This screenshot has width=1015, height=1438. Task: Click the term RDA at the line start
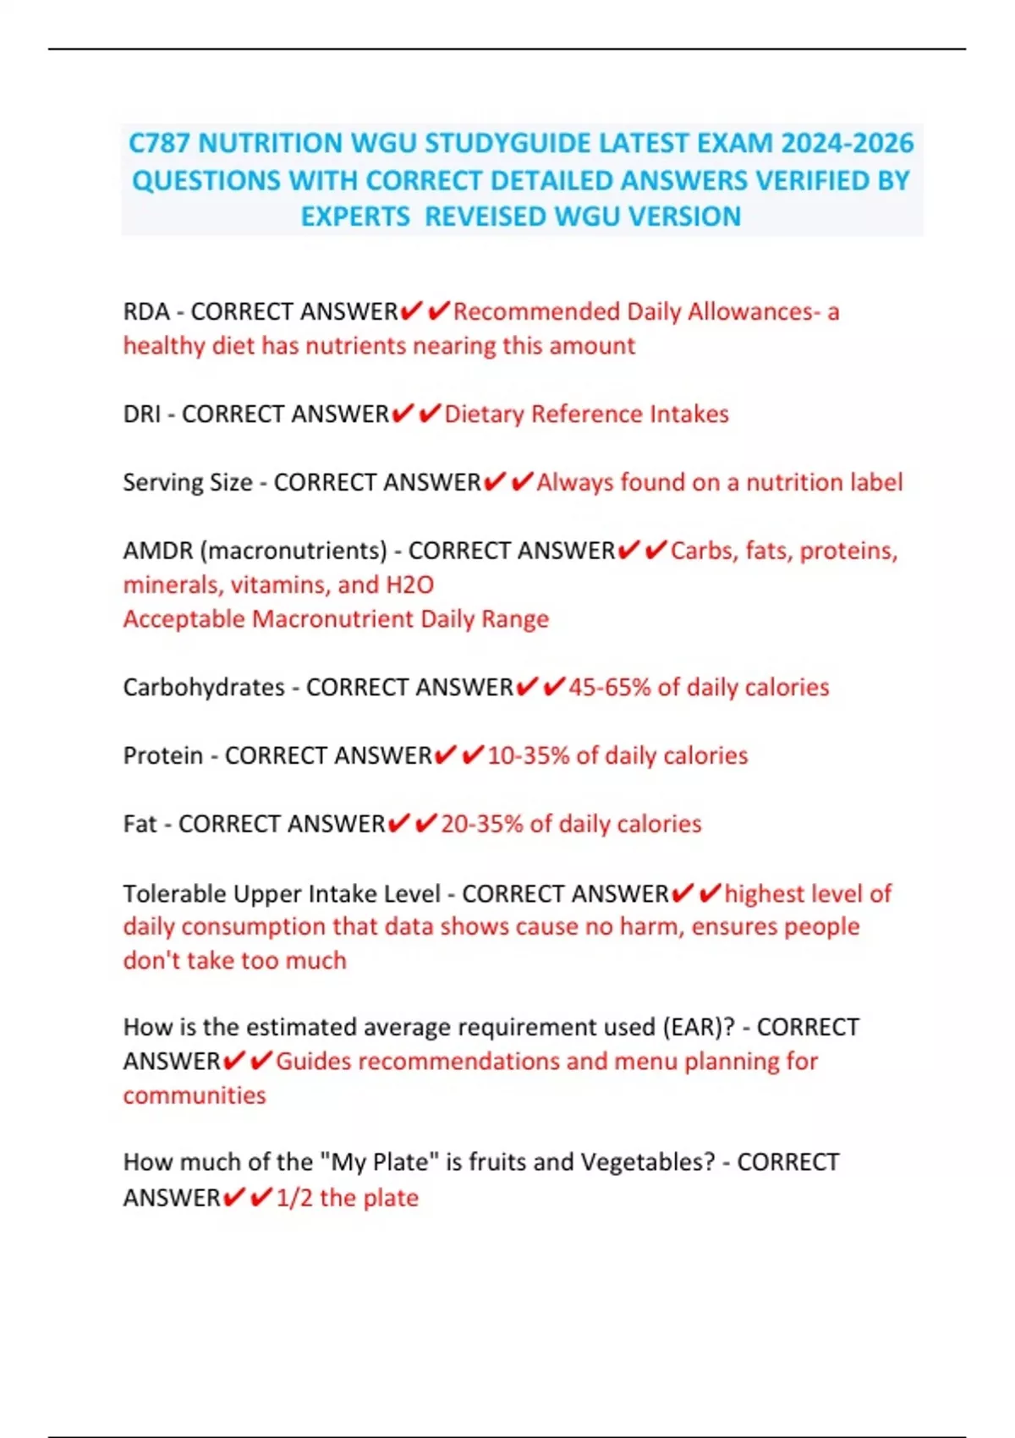[x=146, y=311]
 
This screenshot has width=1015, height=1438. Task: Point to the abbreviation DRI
[x=141, y=414]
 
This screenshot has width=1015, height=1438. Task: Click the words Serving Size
[x=187, y=482]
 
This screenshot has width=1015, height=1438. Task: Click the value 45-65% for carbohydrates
[x=609, y=687]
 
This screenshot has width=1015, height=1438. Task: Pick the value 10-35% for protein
[x=528, y=755]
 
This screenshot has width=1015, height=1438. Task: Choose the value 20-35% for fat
[x=481, y=824]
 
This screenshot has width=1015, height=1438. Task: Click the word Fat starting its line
[x=140, y=824]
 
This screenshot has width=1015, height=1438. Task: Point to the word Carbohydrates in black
[x=204, y=687]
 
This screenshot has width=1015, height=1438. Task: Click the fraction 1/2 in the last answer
[x=294, y=1198]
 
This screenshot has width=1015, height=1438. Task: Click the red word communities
[x=195, y=1095]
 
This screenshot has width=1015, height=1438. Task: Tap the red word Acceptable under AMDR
[x=184, y=619]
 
